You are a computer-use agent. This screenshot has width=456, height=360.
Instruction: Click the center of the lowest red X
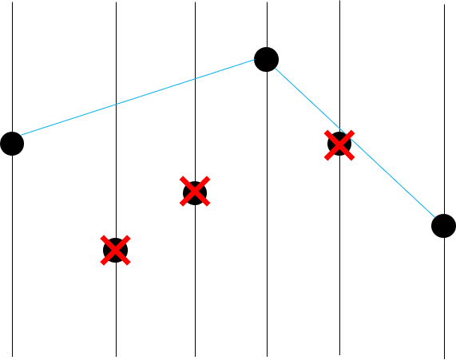(115, 250)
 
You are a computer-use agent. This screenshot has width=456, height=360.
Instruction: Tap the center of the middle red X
(194, 192)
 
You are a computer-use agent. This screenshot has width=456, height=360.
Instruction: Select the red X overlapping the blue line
(339, 144)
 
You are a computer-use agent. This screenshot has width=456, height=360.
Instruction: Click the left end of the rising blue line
(21, 135)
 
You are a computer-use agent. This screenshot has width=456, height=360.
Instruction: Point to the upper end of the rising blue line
(254, 60)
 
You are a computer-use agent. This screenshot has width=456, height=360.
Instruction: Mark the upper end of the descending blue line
(276, 69)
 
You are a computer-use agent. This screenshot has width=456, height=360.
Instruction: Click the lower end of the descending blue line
(434, 216)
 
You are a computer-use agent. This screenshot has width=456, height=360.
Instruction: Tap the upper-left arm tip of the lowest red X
(102, 237)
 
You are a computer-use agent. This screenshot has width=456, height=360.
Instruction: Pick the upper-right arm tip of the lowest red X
(129, 237)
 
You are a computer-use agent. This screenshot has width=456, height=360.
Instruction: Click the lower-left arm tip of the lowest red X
(102, 263)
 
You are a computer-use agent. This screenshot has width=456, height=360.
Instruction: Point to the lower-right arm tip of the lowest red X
(129, 263)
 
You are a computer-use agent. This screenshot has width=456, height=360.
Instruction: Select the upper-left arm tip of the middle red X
(181, 178)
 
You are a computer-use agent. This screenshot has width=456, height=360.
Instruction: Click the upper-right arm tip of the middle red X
(208, 178)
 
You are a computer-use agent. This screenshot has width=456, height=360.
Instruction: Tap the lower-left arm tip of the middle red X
(181, 205)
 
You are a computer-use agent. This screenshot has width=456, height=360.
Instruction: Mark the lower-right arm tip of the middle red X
(208, 205)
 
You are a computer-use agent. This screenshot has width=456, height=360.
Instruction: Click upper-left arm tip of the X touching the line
(326, 132)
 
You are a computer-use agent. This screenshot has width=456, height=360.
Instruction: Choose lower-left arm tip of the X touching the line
(326, 158)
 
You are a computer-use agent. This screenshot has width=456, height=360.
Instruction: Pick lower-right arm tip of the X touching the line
(352, 158)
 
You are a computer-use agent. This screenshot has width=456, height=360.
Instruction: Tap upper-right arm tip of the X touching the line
(352, 132)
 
